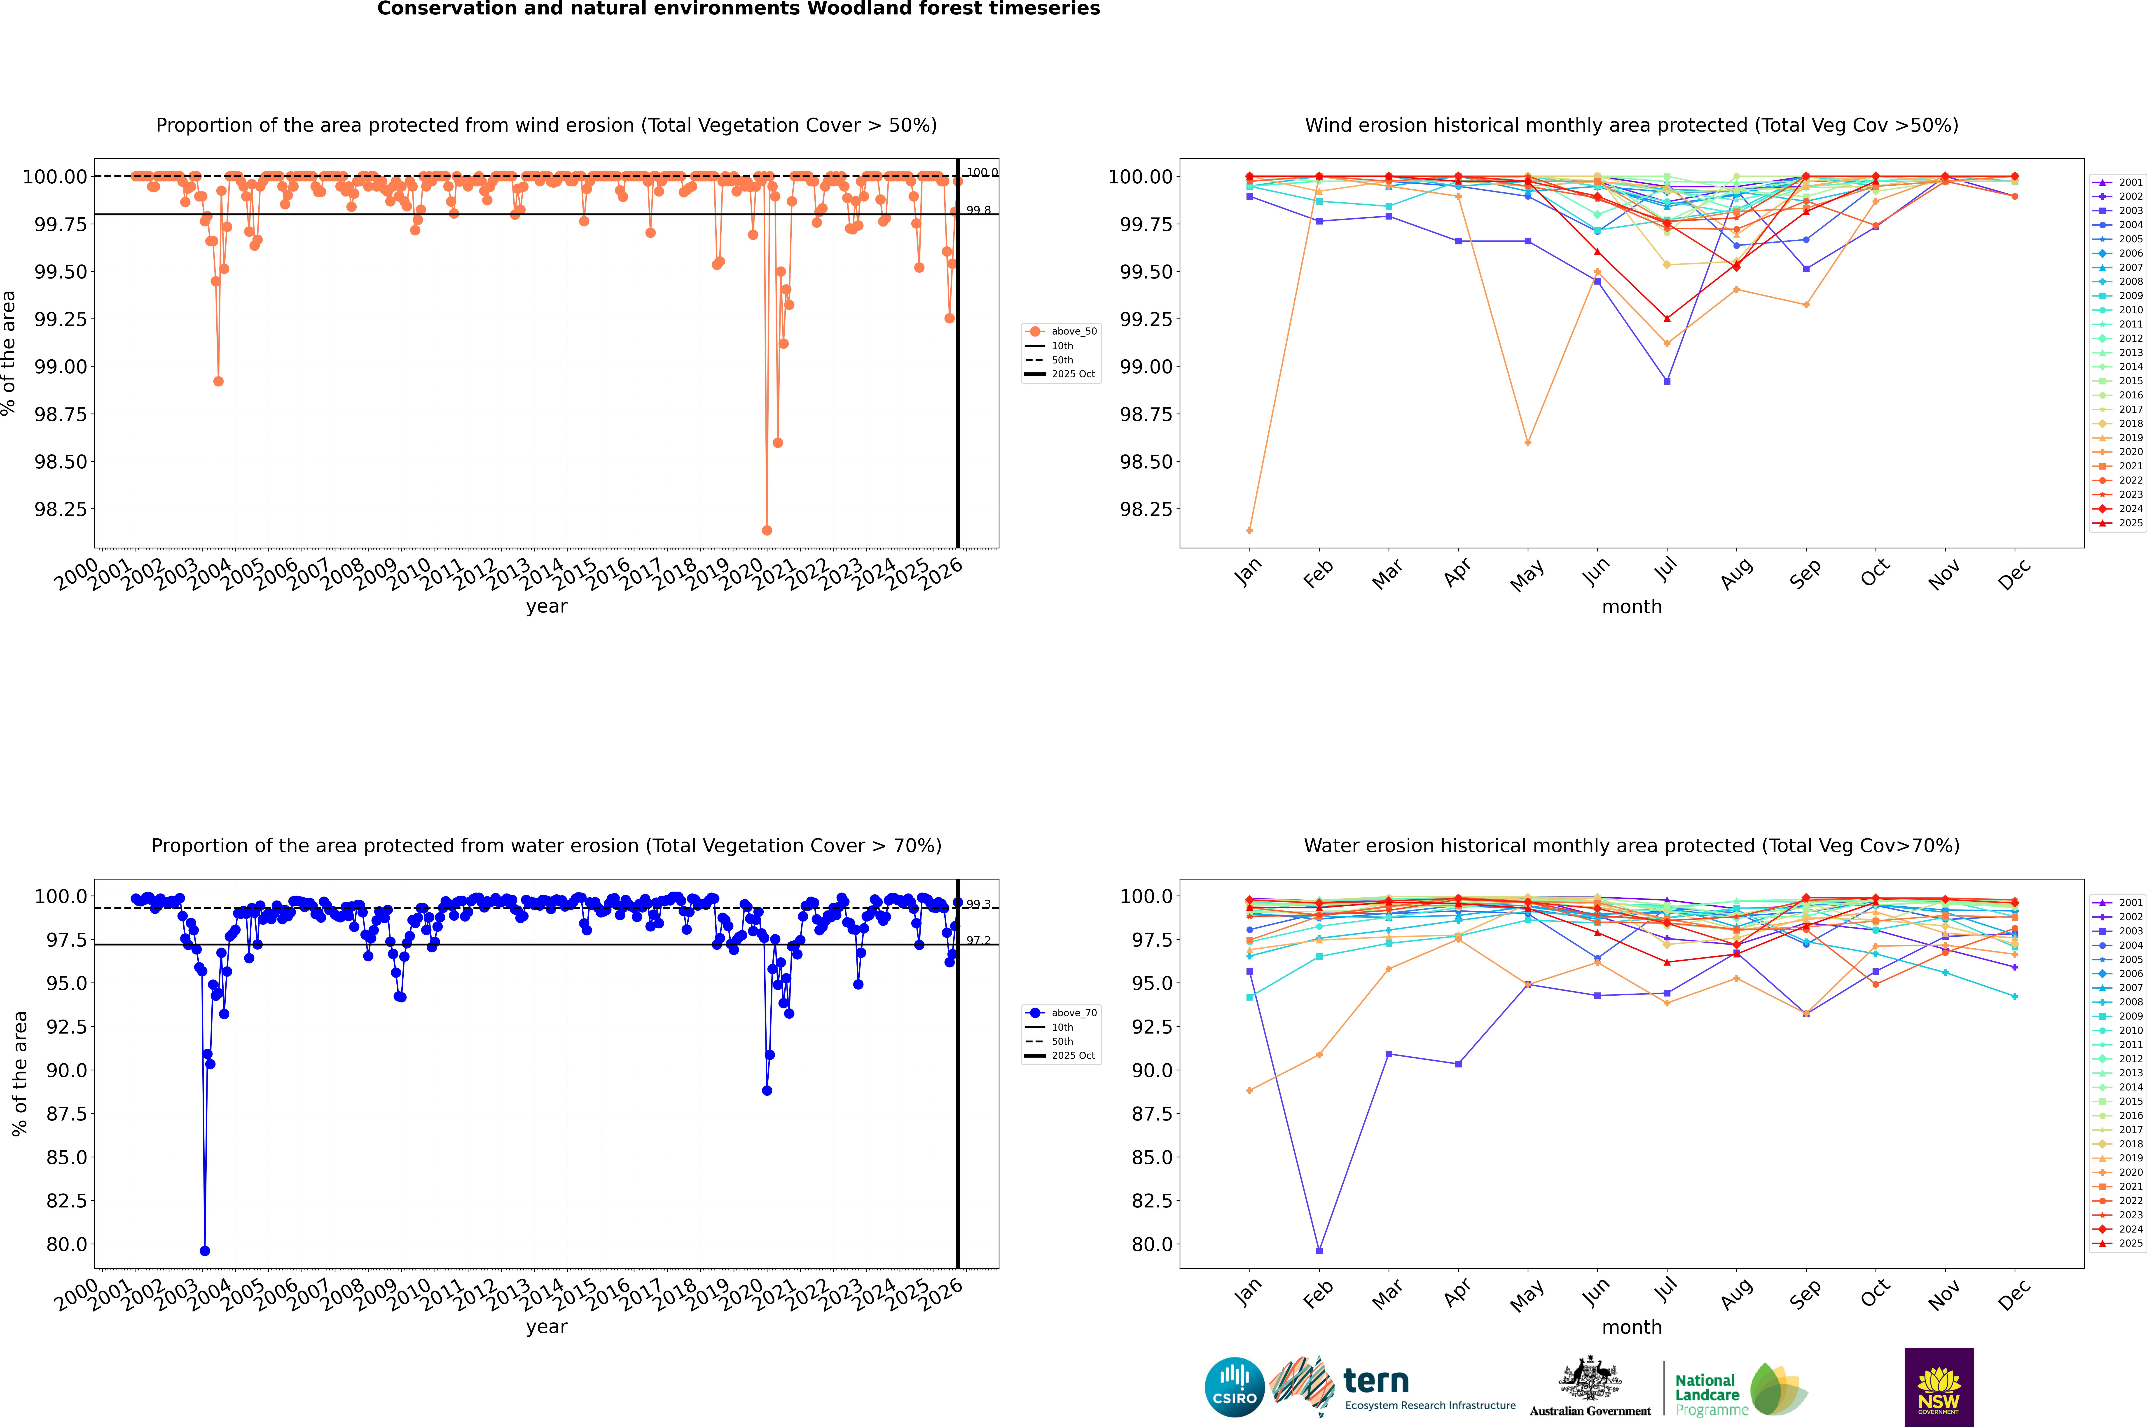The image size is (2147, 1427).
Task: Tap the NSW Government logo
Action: (1939, 1387)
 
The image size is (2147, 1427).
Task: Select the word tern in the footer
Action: (1376, 1382)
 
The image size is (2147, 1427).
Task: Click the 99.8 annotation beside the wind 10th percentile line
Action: (978, 210)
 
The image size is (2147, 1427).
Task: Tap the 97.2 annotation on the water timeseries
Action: (978, 941)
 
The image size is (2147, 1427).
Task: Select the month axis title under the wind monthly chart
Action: (1631, 607)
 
